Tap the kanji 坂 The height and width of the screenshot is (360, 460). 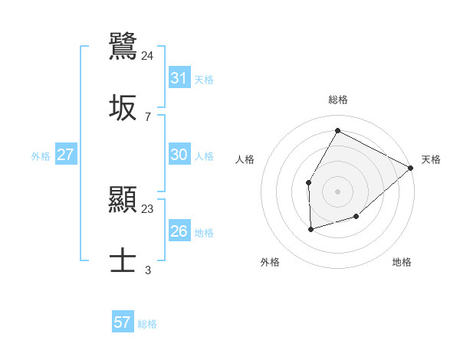click(123, 108)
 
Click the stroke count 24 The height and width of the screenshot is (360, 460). click(148, 55)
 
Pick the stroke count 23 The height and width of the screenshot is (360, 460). click(148, 208)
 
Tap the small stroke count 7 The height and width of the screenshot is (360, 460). click(147, 116)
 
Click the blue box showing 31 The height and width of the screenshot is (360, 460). click(179, 78)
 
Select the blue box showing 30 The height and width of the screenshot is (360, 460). click(179, 155)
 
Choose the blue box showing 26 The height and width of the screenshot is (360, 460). click(179, 231)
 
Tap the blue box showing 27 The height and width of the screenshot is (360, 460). click(66, 155)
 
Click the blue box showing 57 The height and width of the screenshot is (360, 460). click(123, 322)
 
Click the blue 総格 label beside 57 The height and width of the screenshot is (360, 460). click(147, 324)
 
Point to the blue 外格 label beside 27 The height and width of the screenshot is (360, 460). click(41, 156)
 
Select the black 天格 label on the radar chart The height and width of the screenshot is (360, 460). click(431, 159)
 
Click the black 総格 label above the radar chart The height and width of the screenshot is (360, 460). click(338, 100)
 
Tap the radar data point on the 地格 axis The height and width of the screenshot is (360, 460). click(356, 217)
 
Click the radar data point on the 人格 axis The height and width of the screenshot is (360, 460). click(308, 182)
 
